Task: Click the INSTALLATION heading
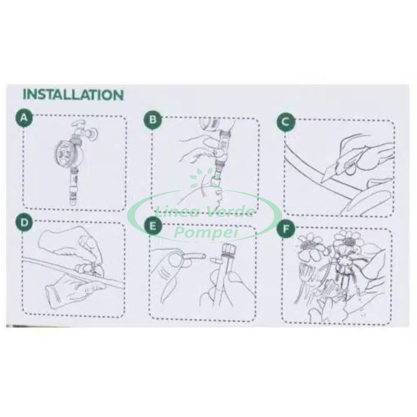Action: (73, 95)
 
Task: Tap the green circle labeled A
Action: (24, 118)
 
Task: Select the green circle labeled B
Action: (153, 120)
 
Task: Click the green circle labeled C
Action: (286, 122)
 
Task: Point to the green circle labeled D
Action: (24, 222)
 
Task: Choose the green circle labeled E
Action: (153, 226)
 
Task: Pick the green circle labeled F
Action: (286, 229)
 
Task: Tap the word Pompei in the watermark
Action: (206, 232)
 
